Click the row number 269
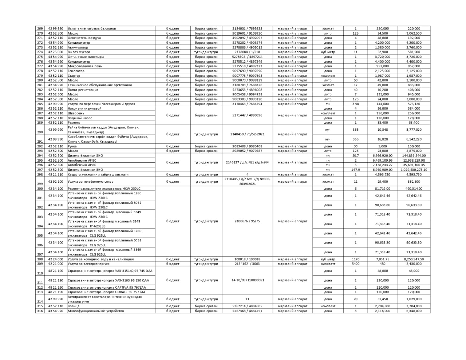click(x=40, y=28)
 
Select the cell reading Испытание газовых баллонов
click(x=92, y=28)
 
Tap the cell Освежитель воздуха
click(x=84, y=38)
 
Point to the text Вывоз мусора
click(x=79, y=52)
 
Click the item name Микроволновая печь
click(x=85, y=66)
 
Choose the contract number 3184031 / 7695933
click(x=247, y=28)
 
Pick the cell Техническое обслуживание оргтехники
click(x=100, y=85)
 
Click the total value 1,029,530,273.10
click(x=414, y=170)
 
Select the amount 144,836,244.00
click(x=414, y=155)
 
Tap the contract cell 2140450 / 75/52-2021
click(x=247, y=134)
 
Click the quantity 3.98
click(x=355, y=104)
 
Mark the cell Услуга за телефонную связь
click(x=90, y=181)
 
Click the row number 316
click(x=40, y=311)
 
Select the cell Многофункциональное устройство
click(x=96, y=311)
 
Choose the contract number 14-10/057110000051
click(x=247, y=280)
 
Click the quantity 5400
click(x=355, y=264)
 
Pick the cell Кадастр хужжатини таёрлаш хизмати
click(x=98, y=174)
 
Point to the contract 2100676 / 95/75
click(x=247, y=221)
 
